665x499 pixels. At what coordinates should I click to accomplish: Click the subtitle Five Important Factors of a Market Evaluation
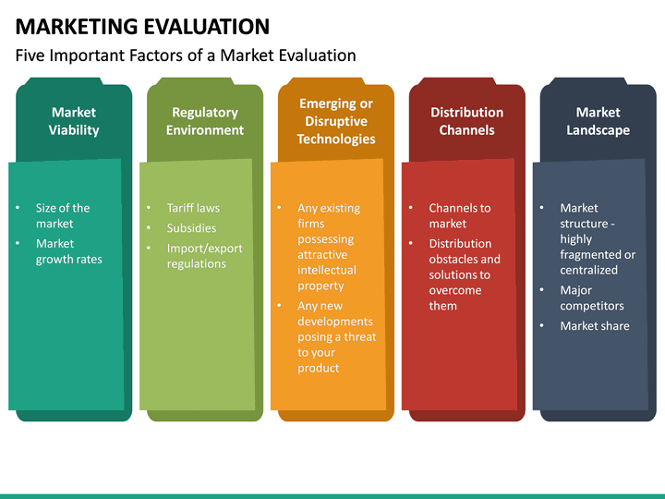coord(186,55)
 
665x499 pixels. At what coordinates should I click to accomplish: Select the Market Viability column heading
coord(74,121)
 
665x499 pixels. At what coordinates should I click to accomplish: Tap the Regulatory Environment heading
coord(205,121)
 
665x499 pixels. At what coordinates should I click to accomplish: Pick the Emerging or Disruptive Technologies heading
coord(336,121)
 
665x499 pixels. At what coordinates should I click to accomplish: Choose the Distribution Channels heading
coord(467,121)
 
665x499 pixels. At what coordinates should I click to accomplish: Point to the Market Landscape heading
coord(598,121)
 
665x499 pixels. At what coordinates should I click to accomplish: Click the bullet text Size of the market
coord(63,215)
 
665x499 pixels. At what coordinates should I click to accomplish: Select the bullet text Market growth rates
coord(68,251)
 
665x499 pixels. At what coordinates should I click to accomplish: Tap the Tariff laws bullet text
coord(193,208)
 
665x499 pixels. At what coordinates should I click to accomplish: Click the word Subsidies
coord(191,228)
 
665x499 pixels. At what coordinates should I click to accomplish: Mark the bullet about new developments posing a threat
coord(336,336)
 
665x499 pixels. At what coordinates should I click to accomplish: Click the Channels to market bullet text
coord(459,215)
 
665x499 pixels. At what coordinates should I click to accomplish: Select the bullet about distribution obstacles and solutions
coord(465,274)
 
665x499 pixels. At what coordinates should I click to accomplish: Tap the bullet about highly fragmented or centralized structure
coord(597,238)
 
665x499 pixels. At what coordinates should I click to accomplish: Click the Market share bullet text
coord(594,325)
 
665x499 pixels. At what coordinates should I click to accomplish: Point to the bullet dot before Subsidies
coord(149,228)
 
